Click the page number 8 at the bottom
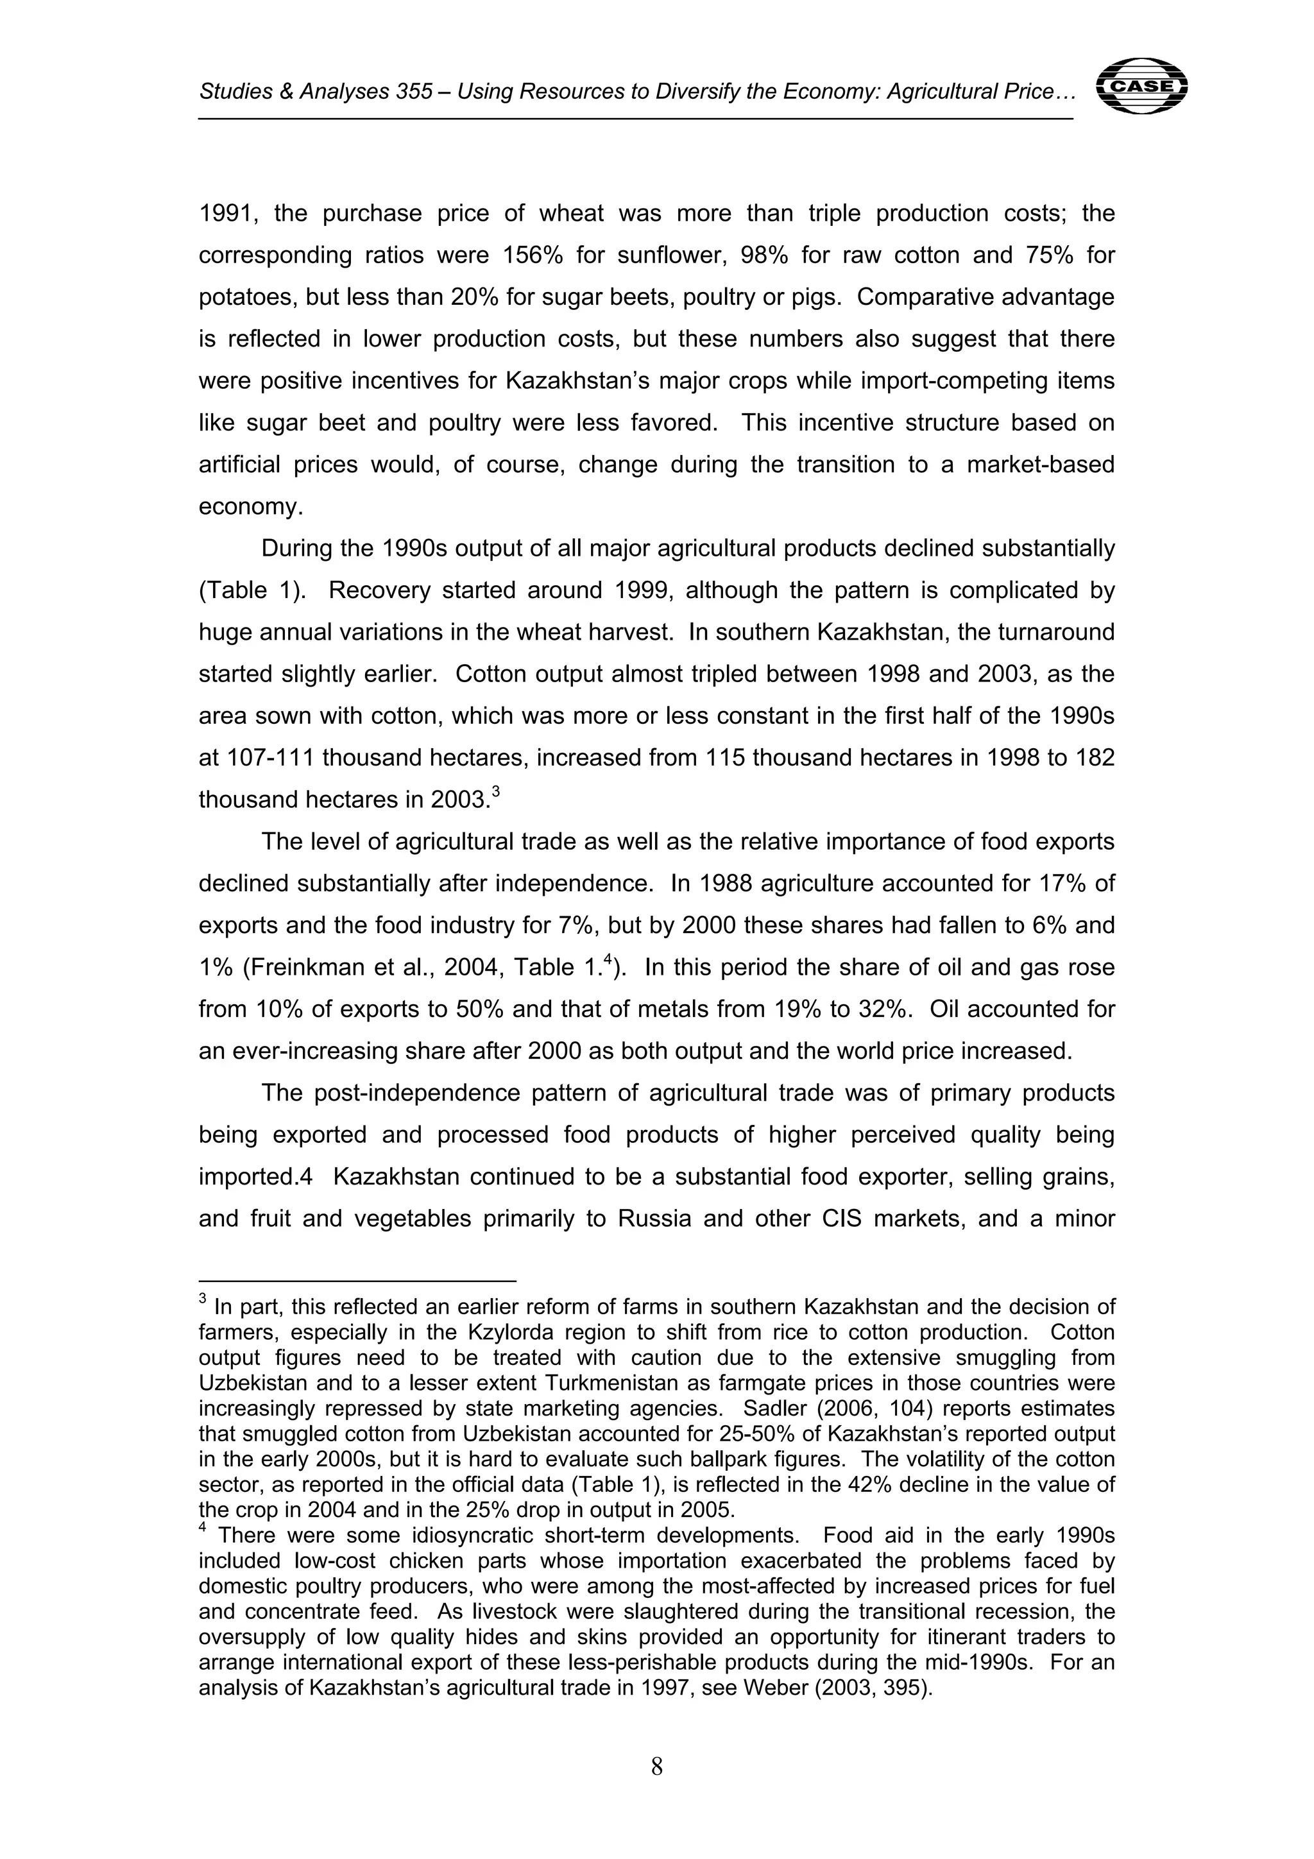coord(656,1767)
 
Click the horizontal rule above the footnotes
coord(357,1281)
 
